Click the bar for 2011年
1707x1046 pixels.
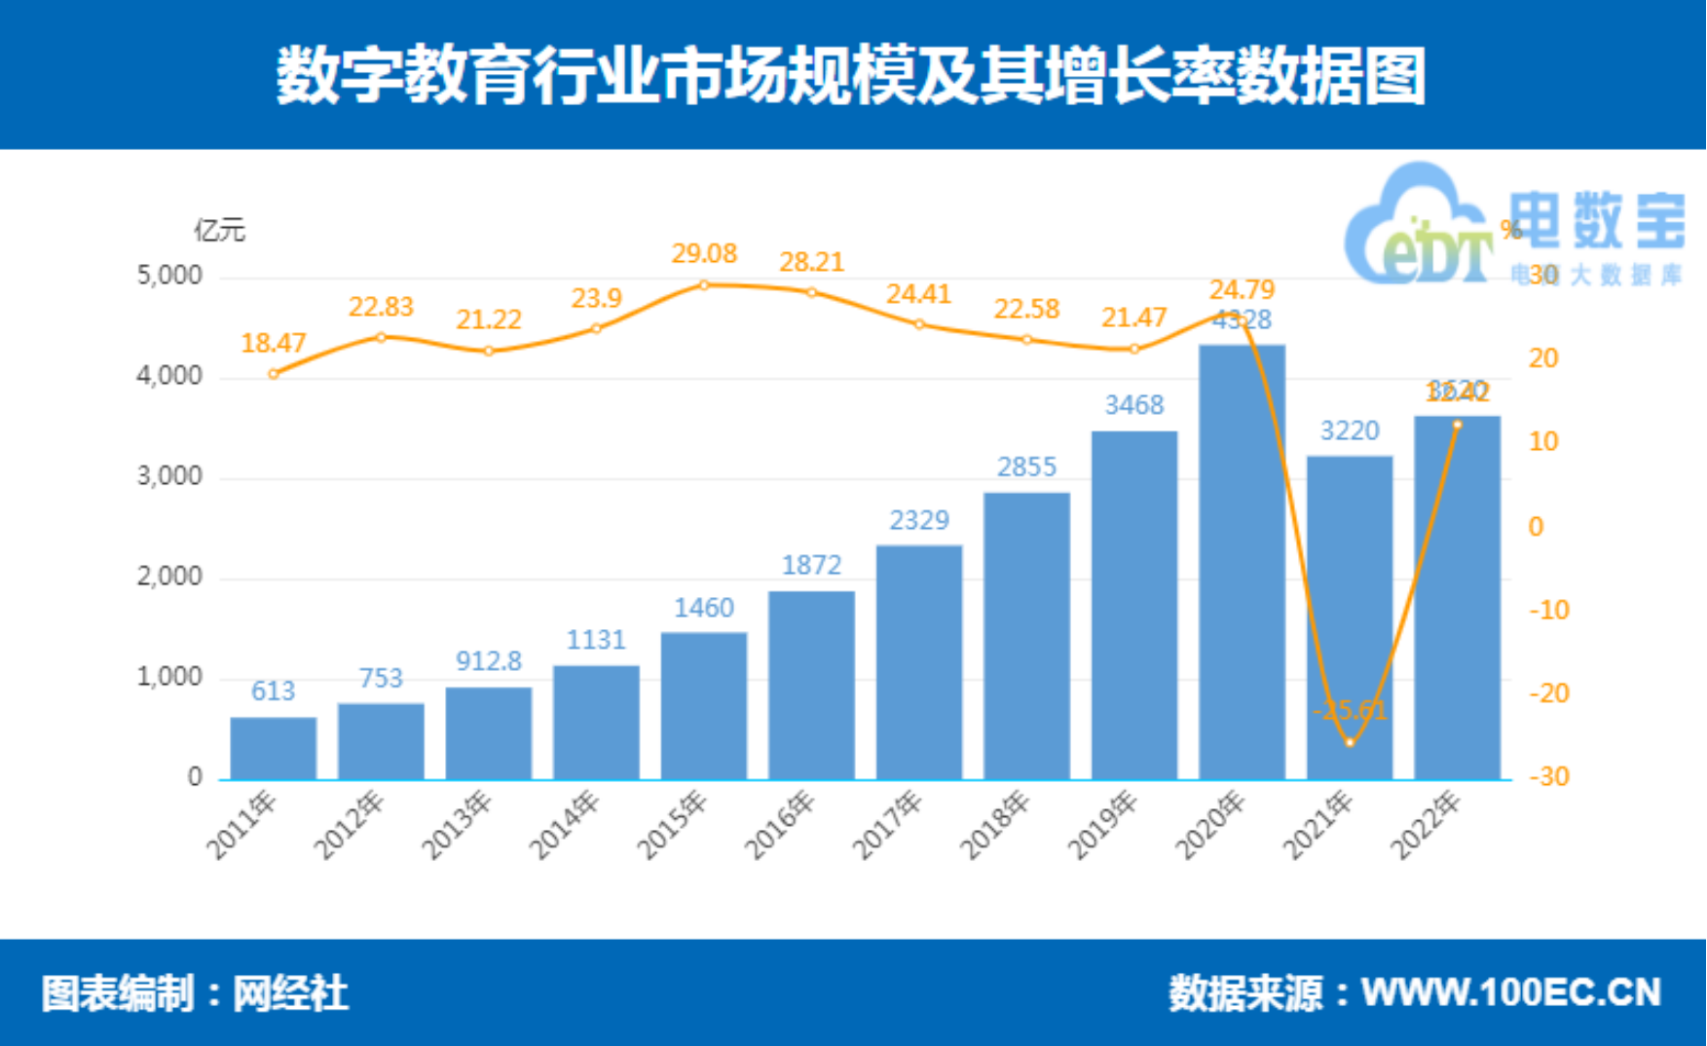274,748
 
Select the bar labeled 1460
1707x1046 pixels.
704,705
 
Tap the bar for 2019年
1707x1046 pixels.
1134,605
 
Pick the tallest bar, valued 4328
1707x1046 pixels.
1242,562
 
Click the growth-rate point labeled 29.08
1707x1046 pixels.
704,285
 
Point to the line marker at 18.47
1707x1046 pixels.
274,374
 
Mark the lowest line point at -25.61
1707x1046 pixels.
1350,742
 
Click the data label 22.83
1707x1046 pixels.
381,307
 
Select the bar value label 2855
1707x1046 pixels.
1026,467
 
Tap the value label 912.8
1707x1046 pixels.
489,661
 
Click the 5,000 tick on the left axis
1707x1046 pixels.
169,277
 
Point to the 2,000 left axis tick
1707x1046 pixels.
169,578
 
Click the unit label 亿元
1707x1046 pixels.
219,231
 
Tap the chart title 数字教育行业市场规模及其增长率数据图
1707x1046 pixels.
852,75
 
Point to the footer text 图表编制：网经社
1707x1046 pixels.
195,993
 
